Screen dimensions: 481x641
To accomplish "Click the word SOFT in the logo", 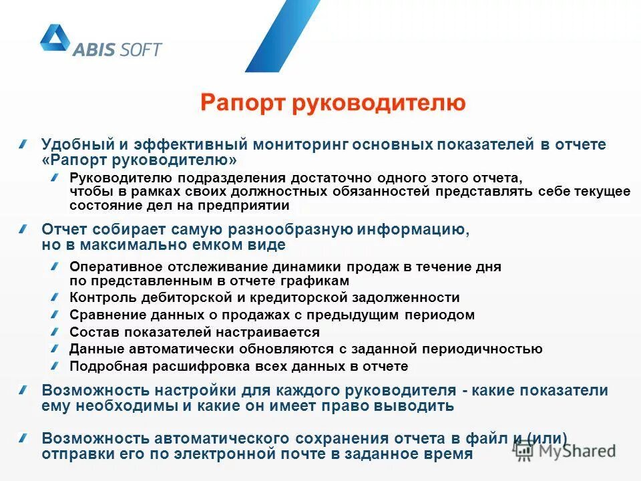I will tap(141, 49).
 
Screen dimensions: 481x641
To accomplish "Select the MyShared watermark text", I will tap(578, 451).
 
